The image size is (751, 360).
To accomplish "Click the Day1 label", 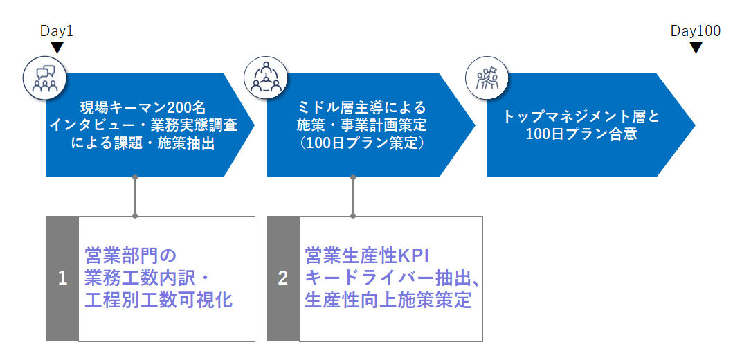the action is [x=57, y=31].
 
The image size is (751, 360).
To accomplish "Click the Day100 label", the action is [x=696, y=31].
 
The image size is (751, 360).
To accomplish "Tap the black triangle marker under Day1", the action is [x=57, y=48].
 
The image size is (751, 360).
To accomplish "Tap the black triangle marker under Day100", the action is [x=696, y=48].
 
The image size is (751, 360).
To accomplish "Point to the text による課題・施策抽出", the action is [x=144, y=143].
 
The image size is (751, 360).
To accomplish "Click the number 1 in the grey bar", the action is [x=62, y=279].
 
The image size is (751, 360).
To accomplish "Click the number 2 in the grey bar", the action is [x=283, y=279].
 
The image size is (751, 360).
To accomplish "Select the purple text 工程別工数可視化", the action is [x=159, y=300].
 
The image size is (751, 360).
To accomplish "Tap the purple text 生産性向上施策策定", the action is [x=388, y=300].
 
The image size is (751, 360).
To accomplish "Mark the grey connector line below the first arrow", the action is [x=134, y=197].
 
